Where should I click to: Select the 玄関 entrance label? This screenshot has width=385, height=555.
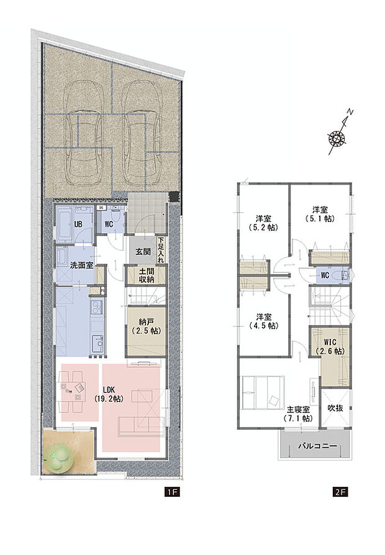click(x=143, y=252)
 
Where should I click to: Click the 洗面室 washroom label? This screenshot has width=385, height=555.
click(x=81, y=265)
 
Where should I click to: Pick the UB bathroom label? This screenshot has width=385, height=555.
click(x=79, y=224)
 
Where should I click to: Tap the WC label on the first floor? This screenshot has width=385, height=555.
click(x=107, y=224)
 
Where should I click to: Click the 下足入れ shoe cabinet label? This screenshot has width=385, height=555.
click(x=161, y=251)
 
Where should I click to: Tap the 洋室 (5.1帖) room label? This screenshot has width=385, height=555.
click(x=319, y=214)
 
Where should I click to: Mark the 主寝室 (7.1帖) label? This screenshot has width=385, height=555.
click(x=298, y=414)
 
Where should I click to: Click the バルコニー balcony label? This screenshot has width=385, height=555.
click(x=316, y=446)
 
